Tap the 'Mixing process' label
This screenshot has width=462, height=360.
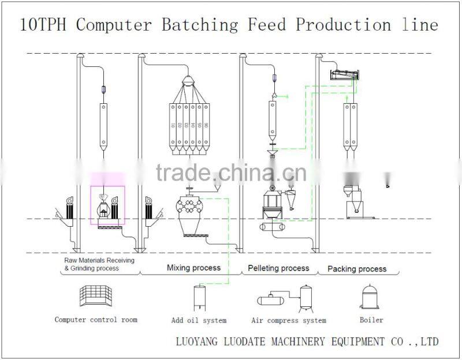click(193, 268)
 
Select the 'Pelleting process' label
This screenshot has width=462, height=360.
click(278, 268)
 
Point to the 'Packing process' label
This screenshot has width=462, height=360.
click(357, 269)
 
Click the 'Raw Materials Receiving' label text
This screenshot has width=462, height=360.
click(99, 260)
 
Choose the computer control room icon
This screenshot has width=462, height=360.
click(94, 297)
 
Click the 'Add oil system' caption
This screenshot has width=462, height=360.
click(199, 320)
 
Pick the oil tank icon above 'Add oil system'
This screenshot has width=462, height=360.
click(199, 297)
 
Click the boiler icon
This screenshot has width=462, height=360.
click(370, 296)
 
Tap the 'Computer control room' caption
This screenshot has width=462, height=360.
click(96, 320)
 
